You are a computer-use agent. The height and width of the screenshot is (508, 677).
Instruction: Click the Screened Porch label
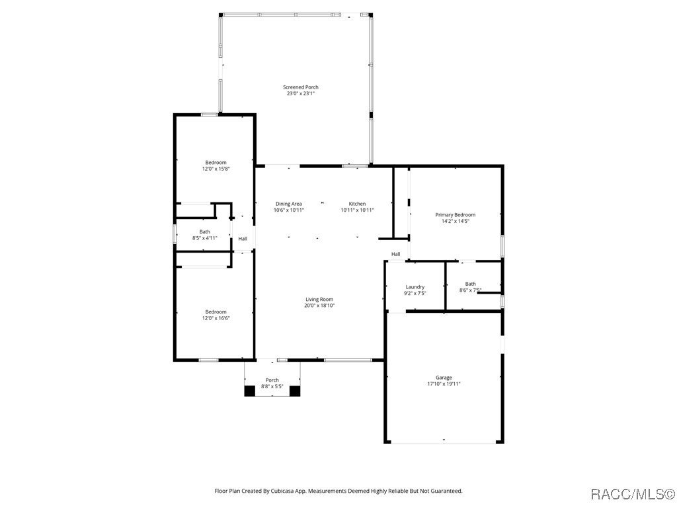[301, 87]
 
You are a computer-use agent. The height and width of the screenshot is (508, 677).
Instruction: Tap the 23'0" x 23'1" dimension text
[301, 94]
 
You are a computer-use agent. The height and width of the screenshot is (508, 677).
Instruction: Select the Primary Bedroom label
[455, 214]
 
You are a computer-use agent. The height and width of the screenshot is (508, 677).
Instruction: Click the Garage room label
[444, 377]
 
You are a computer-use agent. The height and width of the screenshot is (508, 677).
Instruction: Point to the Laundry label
[415, 286]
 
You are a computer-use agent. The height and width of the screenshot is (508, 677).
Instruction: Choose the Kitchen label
[357, 204]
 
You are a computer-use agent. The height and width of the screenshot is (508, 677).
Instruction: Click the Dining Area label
[289, 204]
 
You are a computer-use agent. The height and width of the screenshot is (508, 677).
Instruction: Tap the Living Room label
[319, 299]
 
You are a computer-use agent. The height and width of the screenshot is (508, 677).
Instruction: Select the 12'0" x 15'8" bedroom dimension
[216, 169]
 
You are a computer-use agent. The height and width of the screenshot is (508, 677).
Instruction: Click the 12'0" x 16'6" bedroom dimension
[216, 318]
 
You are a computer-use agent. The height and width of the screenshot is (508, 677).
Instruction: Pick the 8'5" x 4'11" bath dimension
[205, 238]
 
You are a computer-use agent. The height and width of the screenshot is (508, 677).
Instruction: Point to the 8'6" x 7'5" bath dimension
[470, 290]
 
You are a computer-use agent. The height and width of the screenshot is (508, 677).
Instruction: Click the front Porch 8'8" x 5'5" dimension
[272, 386]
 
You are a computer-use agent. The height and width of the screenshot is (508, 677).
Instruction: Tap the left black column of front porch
[250, 391]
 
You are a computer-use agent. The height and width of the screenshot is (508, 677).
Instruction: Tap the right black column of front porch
[295, 391]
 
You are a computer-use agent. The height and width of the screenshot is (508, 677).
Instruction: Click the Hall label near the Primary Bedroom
[395, 254]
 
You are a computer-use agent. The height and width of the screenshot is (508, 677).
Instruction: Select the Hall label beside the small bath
[243, 239]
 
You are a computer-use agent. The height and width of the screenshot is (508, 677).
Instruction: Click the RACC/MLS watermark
[631, 493]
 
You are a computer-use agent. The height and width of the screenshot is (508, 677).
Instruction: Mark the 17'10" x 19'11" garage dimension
[444, 384]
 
